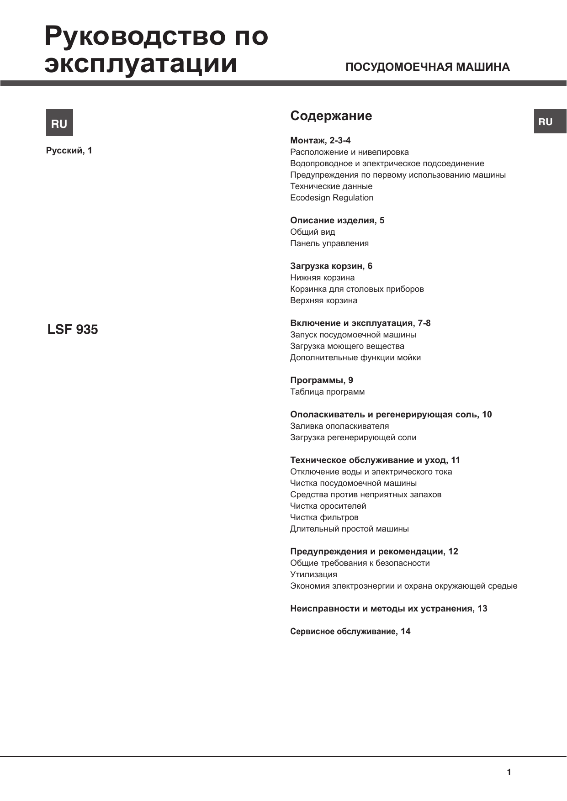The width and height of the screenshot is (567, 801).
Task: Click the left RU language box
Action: [x=59, y=123]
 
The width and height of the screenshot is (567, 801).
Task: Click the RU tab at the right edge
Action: [x=550, y=121]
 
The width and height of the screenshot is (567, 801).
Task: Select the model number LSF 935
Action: [x=73, y=329]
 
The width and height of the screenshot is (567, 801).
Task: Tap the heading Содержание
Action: [x=331, y=116]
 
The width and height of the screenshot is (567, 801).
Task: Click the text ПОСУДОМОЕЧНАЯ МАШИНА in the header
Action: [x=427, y=67]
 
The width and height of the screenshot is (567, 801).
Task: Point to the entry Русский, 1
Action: [x=69, y=151]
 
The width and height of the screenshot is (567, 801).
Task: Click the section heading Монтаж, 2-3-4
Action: [x=320, y=141]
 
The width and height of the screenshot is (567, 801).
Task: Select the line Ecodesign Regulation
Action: [x=332, y=198]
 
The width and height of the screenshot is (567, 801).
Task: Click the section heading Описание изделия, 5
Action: [x=337, y=221]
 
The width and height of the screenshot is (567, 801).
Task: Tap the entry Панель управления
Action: [x=329, y=243]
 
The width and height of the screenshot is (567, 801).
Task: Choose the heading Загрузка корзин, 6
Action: [x=331, y=266]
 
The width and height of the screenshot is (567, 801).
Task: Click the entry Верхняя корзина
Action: [x=323, y=300]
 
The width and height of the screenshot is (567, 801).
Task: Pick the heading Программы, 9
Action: [x=322, y=380]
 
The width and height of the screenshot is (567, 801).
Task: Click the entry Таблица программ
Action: [x=327, y=392]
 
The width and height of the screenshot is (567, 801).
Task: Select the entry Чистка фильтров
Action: [x=324, y=517]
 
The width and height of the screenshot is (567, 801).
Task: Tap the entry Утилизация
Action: [x=313, y=574]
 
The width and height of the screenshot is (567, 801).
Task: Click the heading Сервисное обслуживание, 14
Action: [x=350, y=632]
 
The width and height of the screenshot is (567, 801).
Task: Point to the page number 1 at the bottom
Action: [x=509, y=772]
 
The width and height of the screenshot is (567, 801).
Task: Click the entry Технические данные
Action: [x=331, y=186]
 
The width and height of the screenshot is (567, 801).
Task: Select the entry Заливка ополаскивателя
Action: [x=339, y=426]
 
